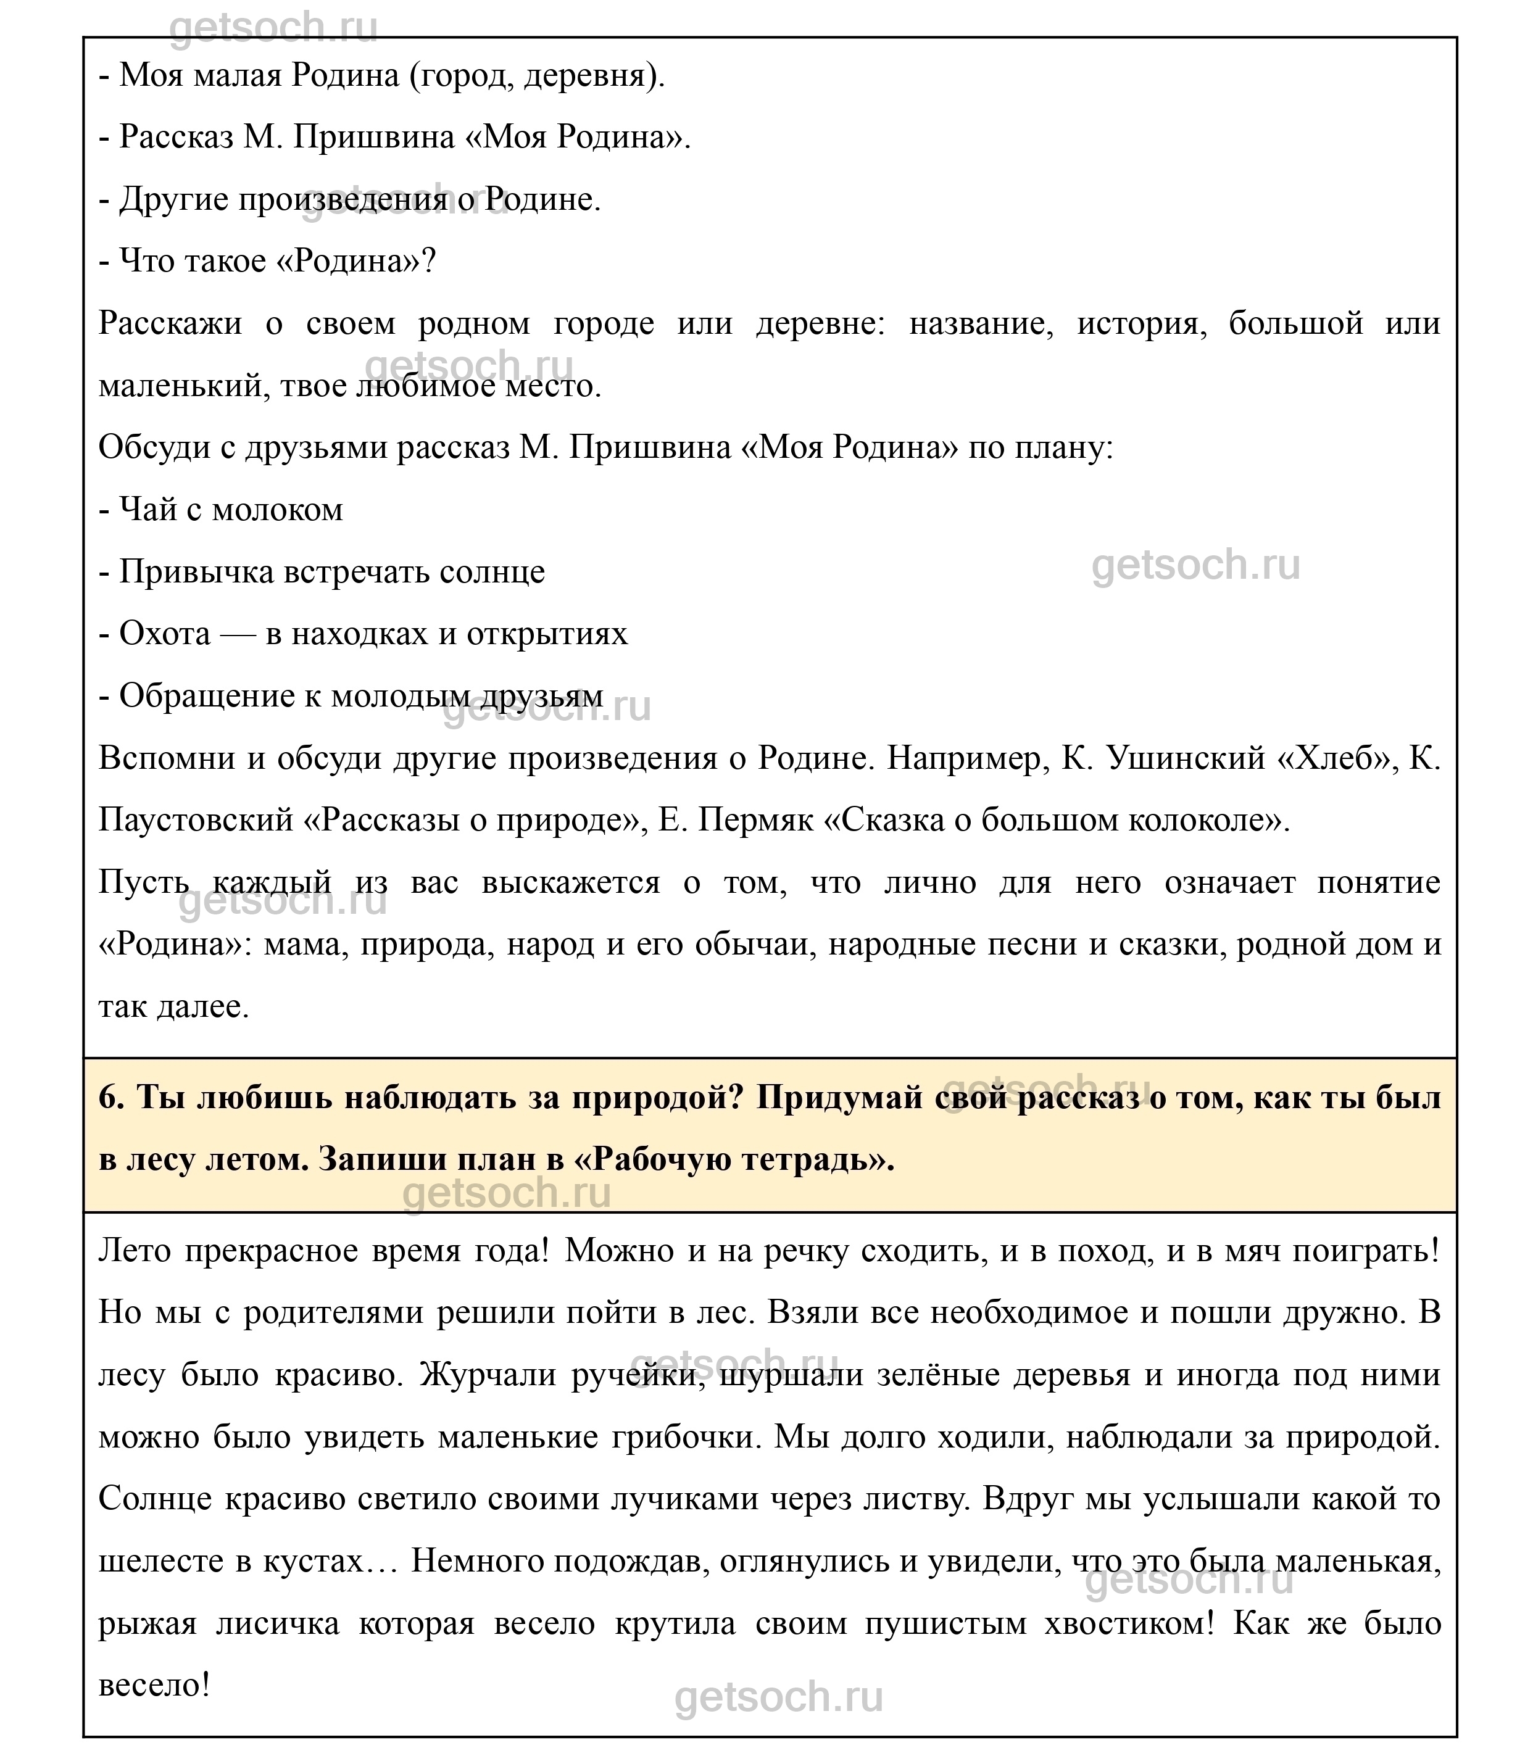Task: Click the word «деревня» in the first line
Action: (x=590, y=76)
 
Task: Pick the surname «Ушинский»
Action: (x=1186, y=758)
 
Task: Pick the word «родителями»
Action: (x=334, y=1313)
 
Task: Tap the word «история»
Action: (x=1141, y=324)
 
